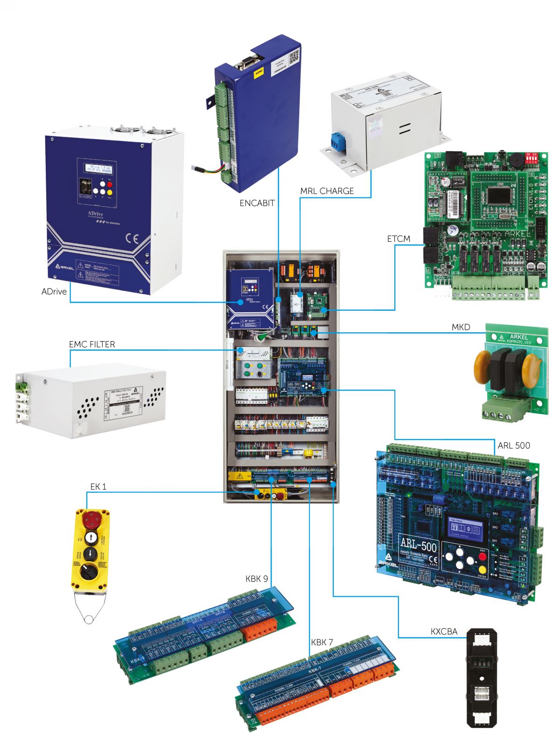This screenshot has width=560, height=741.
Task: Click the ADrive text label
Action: [x=54, y=292]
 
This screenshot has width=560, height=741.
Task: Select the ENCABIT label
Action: [x=257, y=203]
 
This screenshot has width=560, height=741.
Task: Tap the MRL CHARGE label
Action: [x=327, y=191]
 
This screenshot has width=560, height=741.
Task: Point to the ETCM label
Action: [x=399, y=238]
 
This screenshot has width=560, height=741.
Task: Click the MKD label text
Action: [x=461, y=327]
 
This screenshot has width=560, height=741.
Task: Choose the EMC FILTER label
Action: [x=92, y=344]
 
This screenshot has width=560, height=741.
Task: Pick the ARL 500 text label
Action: [x=514, y=446]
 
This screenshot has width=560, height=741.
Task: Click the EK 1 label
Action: [x=98, y=487]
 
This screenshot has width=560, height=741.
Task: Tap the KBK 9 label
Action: [x=257, y=579]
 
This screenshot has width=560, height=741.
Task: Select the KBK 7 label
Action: [x=322, y=643]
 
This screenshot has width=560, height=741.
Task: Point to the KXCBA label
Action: [x=444, y=632]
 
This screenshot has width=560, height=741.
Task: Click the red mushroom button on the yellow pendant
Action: [x=91, y=518]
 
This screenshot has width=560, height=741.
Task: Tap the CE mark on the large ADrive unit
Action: [x=132, y=239]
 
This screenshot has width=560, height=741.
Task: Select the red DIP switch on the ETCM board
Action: [x=531, y=158]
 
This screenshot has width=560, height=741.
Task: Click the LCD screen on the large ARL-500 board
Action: [x=465, y=529]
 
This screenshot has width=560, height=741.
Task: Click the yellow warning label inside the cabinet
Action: [x=239, y=476]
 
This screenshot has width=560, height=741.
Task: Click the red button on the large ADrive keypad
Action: [x=110, y=184]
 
